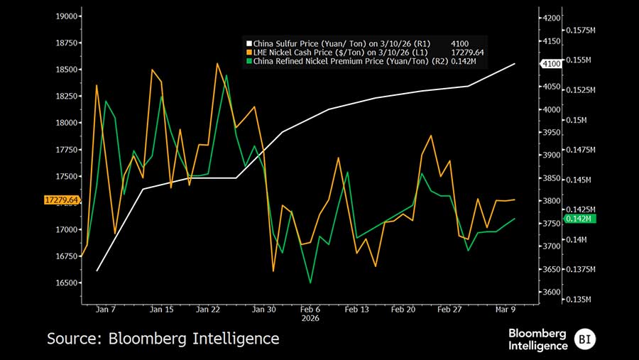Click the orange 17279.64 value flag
[61, 201]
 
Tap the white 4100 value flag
[551, 64]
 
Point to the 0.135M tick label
[579, 299]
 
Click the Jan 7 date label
[106, 310]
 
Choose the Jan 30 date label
[264, 310]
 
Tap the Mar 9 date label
[505, 310]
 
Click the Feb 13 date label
[357, 310]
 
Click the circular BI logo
[585, 338]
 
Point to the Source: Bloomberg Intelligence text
[163, 339]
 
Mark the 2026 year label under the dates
[310, 318]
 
